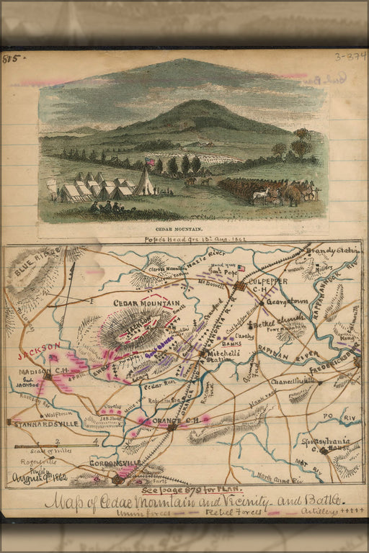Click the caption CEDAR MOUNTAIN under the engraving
point(183,229)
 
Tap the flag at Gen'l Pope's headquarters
point(241,269)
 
